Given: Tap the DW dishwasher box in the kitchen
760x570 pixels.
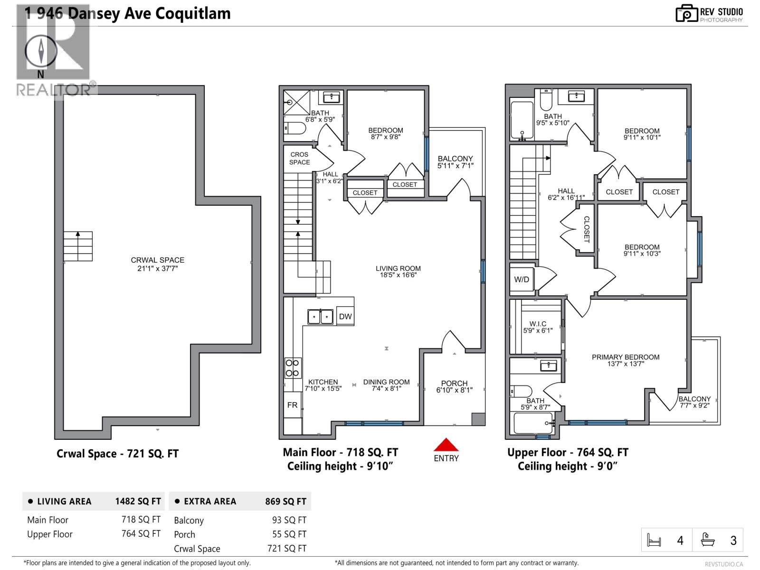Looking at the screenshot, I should click(345, 316).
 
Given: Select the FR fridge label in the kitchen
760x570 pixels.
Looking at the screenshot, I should click(292, 405).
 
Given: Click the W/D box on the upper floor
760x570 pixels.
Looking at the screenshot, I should click(522, 279).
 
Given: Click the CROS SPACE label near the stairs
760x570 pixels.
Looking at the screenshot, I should click(300, 158).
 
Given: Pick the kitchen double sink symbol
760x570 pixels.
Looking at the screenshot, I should click(320, 316).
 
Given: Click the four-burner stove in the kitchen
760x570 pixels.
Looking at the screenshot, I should click(292, 368).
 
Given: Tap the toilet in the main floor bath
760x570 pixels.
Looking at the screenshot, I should click(295, 128).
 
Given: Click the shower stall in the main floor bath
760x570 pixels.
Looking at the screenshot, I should click(296, 102).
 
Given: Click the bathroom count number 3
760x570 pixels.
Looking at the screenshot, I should click(733, 541).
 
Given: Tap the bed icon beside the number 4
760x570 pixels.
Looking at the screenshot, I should click(654, 541).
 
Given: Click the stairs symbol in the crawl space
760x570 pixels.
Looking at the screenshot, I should click(78, 246).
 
